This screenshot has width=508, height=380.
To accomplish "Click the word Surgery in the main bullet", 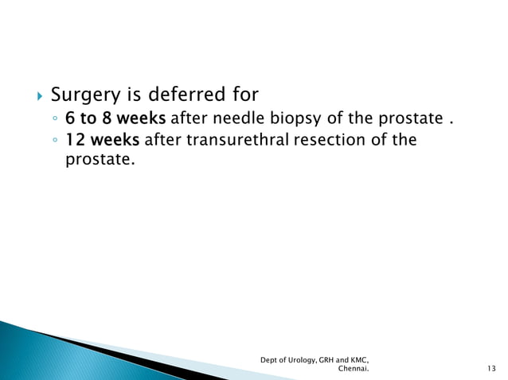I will (x=84, y=95).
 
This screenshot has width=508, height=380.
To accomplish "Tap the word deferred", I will (x=179, y=95).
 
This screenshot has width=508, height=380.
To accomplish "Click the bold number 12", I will (x=75, y=141).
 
